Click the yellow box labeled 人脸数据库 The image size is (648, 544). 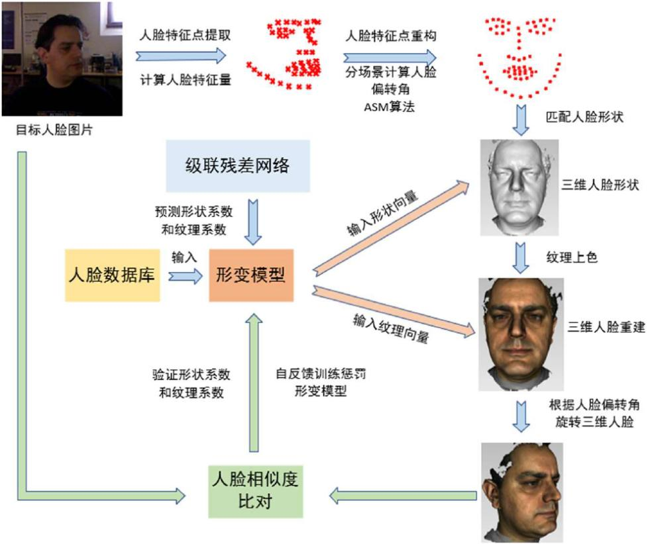pyautogui.click(x=113, y=275)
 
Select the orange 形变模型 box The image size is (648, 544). pyautogui.click(x=251, y=275)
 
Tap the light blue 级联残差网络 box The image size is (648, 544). pyautogui.click(x=238, y=166)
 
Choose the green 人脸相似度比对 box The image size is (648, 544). pyautogui.click(x=255, y=491)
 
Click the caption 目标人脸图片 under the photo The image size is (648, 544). pyautogui.click(x=54, y=130)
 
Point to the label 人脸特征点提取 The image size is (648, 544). pyautogui.click(x=185, y=35)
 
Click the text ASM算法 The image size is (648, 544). pyautogui.click(x=390, y=107)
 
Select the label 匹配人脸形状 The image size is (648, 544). pyautogui.click(x=584, y=116)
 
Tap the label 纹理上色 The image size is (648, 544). pyautogui.click(x=572, y=257)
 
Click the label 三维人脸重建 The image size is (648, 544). pyautogui.click(x=606, y=327)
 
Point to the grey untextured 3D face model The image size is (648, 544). pyautogui.click(x=519, y=188)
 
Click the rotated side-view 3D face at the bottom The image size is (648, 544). pyautogui.click(x=522, y=492)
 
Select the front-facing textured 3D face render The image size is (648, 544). pyautogui.click(x=521, y=334)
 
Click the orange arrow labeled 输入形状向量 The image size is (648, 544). pyautogui.click(x=391, y=228)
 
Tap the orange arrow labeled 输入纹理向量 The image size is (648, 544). pyautogui.click(x=394, y=310)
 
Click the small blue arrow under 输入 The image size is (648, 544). pyautogui.click(x=186, y=276)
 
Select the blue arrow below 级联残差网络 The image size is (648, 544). pyautogui.click(x=253, y=222)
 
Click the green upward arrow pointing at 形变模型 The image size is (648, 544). pyautogui.click(x=254, y=383)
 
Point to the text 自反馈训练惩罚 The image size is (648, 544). pyautogui.click(x=321, y=374)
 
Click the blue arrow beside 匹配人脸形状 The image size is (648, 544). pyautogui.click(x=521, y=120)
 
